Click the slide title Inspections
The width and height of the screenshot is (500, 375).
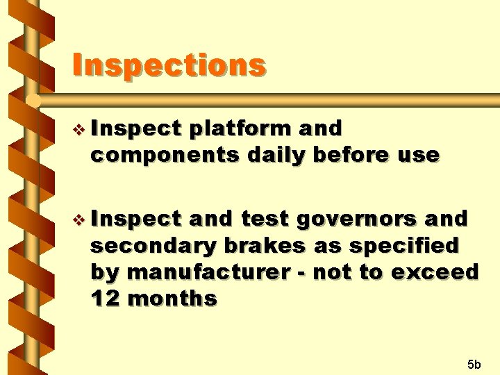(169, 66)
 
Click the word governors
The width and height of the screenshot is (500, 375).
(356, 219)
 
